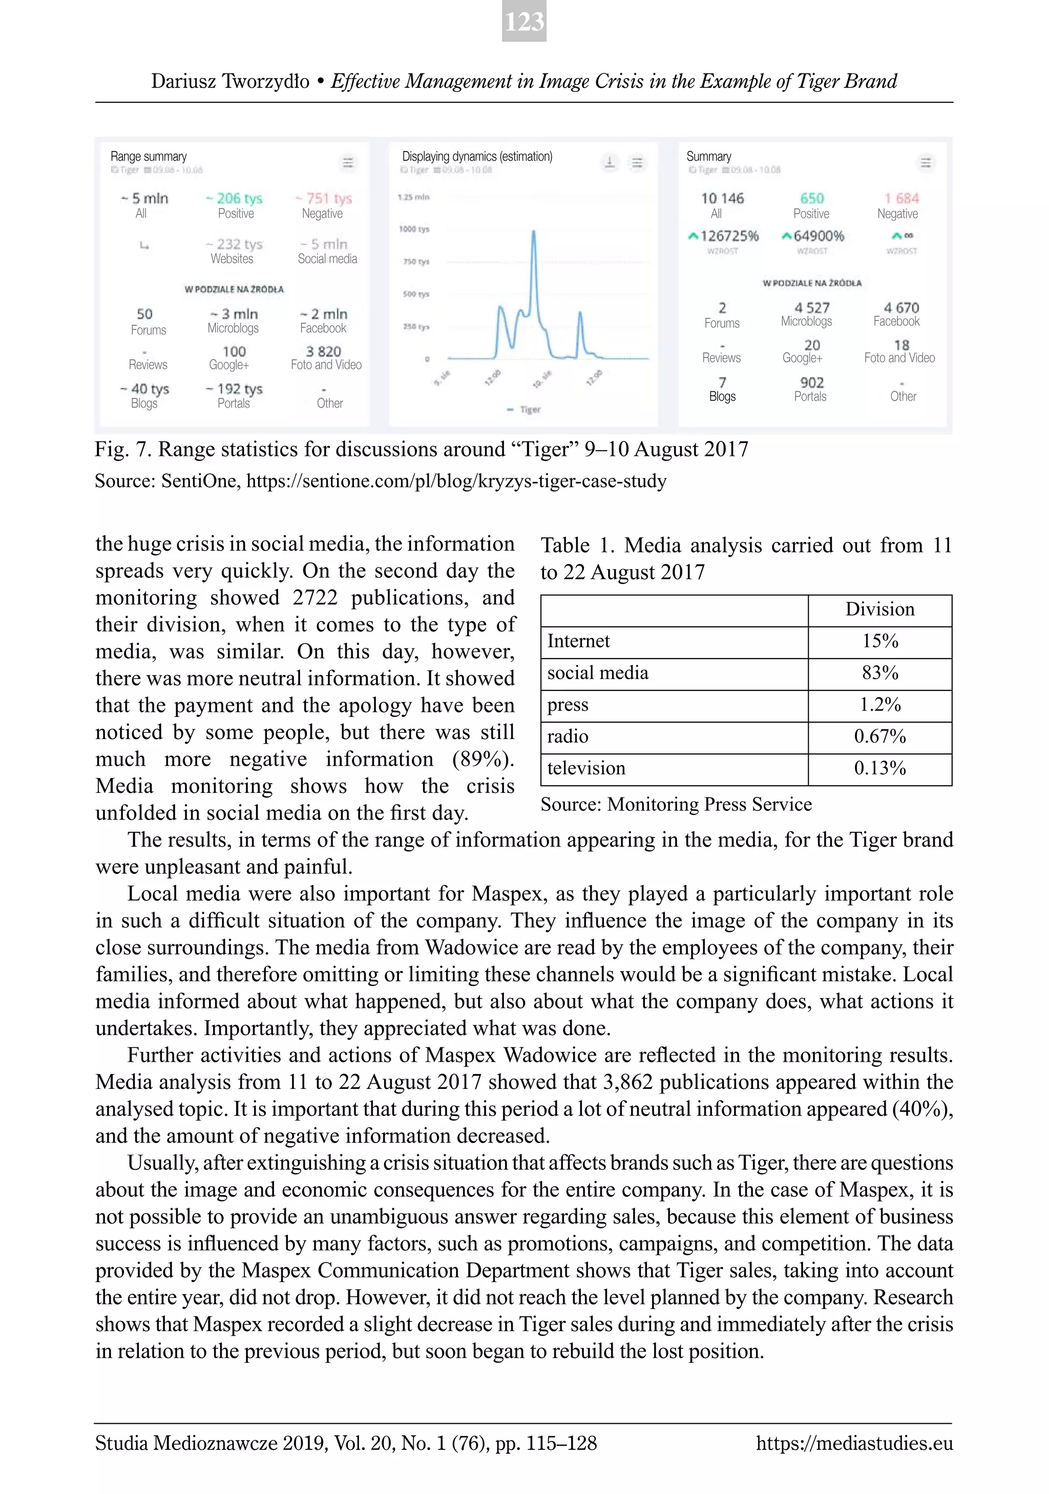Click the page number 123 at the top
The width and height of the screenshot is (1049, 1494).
tap(524, 22)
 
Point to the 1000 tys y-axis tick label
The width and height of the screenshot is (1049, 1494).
tap(414, 229)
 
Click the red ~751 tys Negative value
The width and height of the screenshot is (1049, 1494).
tap(323, 198)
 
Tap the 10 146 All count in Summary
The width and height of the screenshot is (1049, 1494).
tap(722, 198)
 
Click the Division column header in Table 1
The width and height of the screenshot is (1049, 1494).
tap(880, 609)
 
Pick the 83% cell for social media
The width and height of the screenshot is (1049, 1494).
tap(880, 673)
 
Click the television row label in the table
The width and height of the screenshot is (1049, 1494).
tap(586, 768)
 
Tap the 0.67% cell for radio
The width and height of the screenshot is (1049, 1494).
tap(880, 737)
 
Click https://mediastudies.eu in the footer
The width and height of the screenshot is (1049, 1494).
tap(854, 1443)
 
